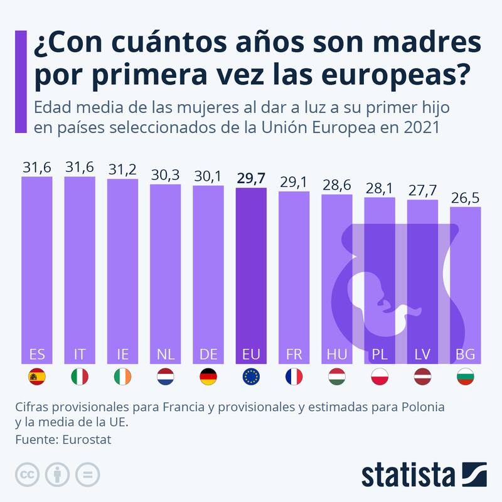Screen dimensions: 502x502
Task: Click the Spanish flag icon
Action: [37, 376]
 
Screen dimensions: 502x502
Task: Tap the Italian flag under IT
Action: [80, 376]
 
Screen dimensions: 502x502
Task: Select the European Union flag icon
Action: [251, 376]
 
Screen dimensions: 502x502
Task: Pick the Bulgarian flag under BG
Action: [465, 376]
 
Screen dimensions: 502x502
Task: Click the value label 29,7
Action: [251, 178]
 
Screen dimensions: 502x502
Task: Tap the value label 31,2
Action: [122, 169]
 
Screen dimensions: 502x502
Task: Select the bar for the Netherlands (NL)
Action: [165, 270]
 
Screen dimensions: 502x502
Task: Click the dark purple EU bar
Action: [251, 270]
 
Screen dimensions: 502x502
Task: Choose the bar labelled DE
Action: [208, 270]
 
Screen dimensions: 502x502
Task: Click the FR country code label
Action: [294, 355]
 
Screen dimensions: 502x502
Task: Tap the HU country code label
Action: [336, 355]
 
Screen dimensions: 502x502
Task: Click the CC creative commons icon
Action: [27, 474]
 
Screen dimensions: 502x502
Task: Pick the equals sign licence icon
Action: [87, 474]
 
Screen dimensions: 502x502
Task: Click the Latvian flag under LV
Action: [422, 376]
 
